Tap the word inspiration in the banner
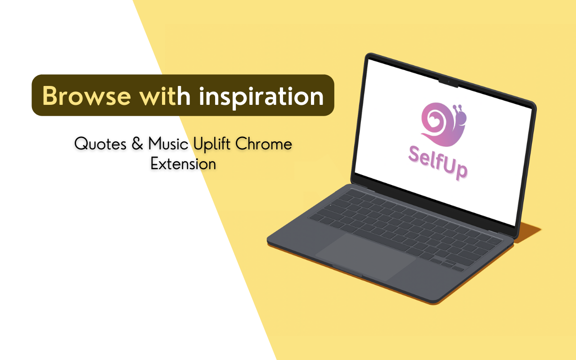click(261, 96)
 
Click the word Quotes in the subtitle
click(100, 144)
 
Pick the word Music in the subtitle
click(169, 144)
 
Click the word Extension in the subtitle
click(183, 164)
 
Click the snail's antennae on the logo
click(458, 108)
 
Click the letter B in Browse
click(51, 95)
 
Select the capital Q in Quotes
click(81, 144)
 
